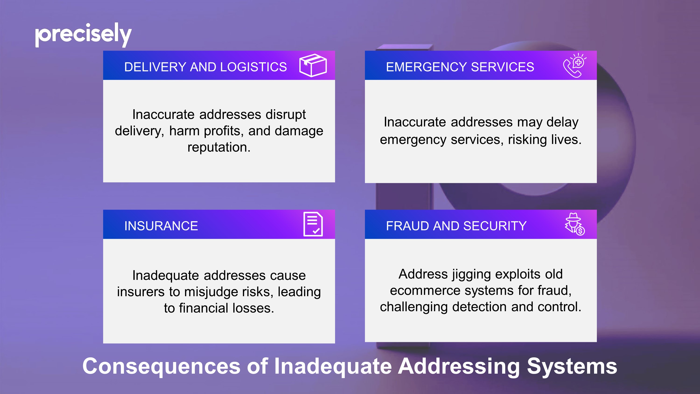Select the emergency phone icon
[x=574, y=65]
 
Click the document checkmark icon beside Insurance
[x=313, y=224]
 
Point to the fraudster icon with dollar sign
[x=575, y=224]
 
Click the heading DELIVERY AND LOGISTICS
[x=205, y=67]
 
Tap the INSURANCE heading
[x=161, y=226]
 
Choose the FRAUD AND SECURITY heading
[x=456, y=226]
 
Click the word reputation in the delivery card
[x=219, y=147]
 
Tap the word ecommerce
[x=425, y=291]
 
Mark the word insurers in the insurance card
[x=141, y=292]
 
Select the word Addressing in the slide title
[x=459, y=366]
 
